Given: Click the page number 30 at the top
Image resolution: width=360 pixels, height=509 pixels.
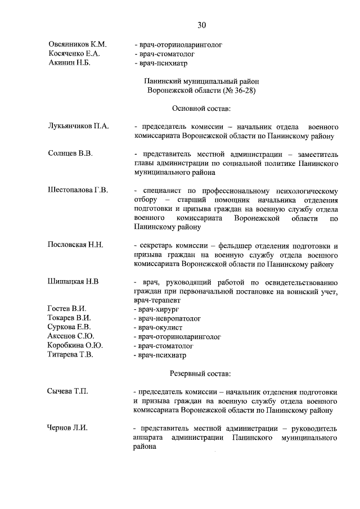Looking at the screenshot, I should point(202,25).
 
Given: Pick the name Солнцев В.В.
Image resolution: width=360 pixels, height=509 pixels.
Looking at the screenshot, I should point(70,153).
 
